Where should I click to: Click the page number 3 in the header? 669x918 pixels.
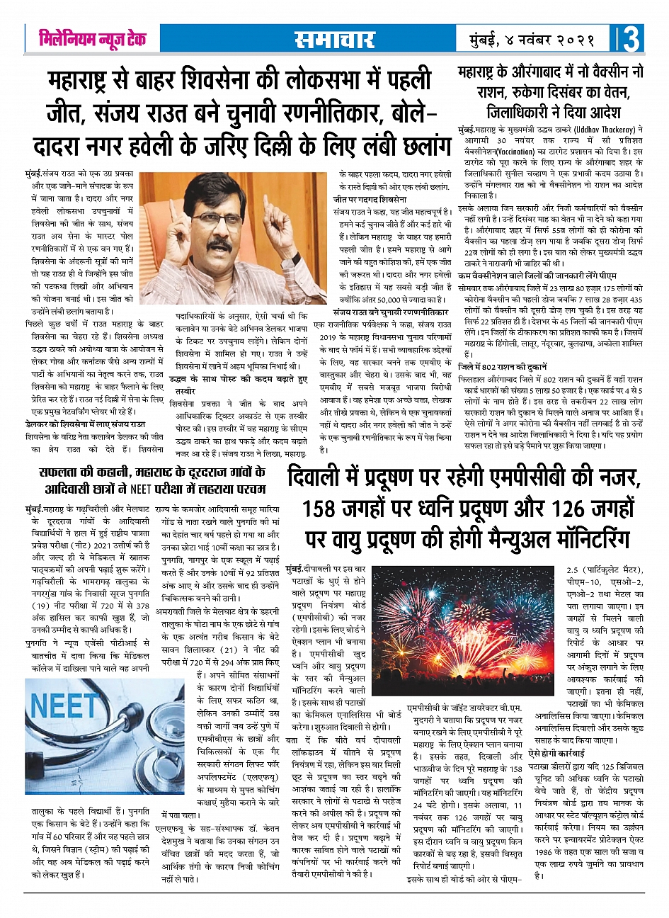[632, 38]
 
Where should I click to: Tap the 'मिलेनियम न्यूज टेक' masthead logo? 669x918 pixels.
[92, 38]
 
